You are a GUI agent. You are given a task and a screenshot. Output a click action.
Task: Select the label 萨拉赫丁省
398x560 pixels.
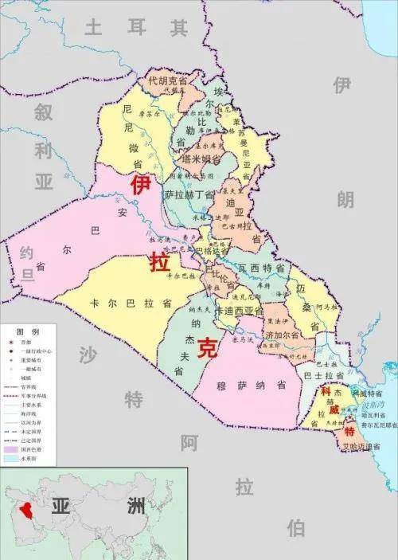[189, 194]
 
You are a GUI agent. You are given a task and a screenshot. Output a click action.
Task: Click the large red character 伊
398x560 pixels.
[140, 186]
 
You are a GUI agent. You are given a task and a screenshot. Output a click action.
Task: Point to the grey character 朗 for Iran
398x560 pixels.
[345, 200]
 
